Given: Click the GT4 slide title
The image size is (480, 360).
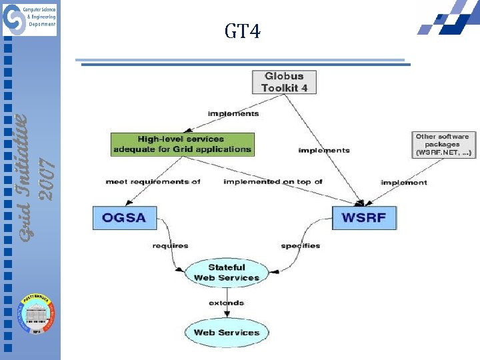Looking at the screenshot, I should [243, 31].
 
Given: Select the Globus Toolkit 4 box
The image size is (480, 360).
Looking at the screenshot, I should [283, 82].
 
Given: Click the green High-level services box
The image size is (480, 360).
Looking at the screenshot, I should [182, 145].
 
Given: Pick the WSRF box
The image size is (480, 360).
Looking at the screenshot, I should [365, 218].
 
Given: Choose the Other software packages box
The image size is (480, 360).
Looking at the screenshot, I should [442, 145].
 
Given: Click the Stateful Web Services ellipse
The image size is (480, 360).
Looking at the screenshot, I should [227, 273].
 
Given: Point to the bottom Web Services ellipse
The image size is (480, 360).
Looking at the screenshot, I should [226, 333].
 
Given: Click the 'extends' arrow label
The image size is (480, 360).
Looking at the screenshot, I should [227, 303].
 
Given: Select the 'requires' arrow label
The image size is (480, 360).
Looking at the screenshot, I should [170, 246].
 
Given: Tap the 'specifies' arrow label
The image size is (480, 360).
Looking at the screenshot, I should [300, 246].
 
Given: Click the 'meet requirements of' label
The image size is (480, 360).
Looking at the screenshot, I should [153, 181].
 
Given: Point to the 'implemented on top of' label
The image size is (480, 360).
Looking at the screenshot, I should [273, 181].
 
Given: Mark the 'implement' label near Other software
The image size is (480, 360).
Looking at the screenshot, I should [404, 182].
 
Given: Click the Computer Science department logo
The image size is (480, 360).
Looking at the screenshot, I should [29, 19].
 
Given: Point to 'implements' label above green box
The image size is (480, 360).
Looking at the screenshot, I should [233, 114].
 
